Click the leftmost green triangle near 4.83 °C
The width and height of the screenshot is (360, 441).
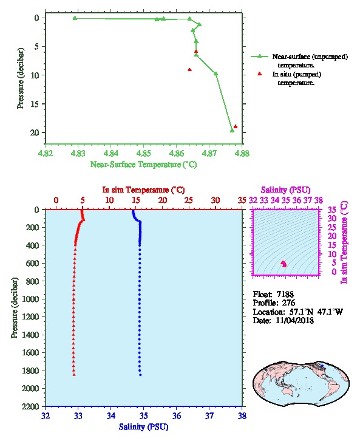[75, 18]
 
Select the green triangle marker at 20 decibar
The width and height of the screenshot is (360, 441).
[232, 130]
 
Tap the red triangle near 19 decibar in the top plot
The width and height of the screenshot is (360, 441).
[236, 126]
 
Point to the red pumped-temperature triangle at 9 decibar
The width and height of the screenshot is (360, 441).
[189, 70]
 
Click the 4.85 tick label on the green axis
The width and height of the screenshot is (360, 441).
[143, 153]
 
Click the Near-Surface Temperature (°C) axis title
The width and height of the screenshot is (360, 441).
[143, 164]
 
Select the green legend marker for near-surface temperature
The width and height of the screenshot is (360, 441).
[259, 56]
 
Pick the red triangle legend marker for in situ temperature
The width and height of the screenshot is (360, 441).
[259, 73]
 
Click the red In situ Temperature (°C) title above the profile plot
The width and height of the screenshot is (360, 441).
[143, 190]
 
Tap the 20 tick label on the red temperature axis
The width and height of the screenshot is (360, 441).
[163, 200]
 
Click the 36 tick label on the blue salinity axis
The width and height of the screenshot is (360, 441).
[177, 415]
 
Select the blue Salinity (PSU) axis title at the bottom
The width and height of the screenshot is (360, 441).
[143, 427]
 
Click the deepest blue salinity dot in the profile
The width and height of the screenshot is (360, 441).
[140, 375]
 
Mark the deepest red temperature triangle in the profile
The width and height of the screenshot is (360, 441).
[74, 374]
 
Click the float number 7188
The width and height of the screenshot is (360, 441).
[285, 294]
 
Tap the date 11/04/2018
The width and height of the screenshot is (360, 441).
[294, 320]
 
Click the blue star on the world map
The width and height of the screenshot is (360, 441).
[322, 366]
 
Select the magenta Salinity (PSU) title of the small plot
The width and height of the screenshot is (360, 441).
[285, 190]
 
